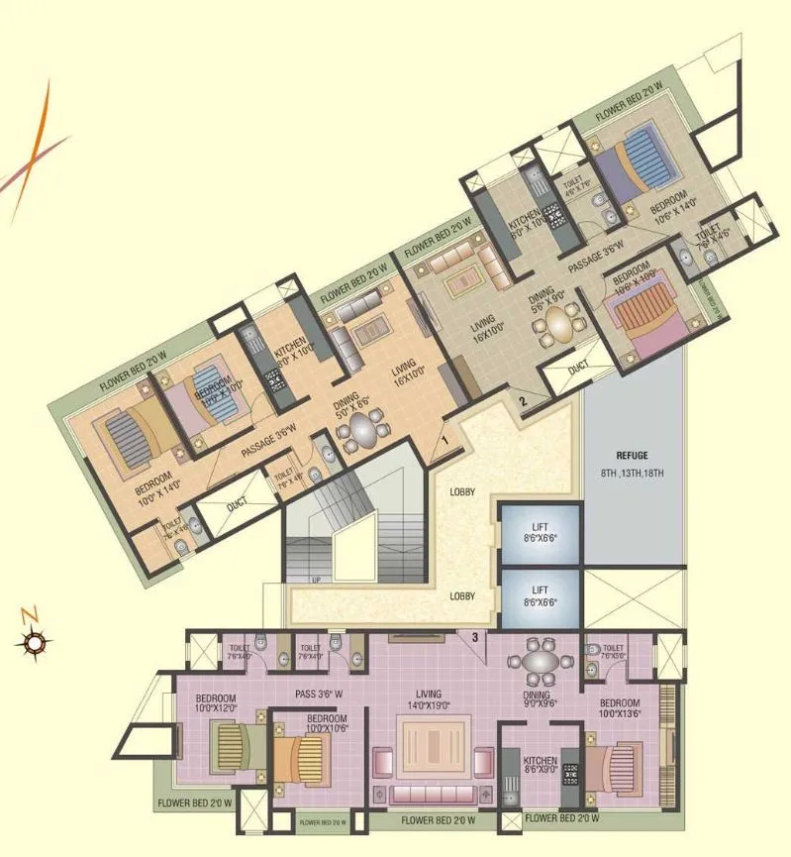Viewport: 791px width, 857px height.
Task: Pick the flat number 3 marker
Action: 475,637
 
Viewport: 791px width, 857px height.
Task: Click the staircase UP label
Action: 316,579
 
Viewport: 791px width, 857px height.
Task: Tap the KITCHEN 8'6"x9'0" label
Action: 541,767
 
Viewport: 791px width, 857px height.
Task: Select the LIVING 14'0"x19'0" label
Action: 428,699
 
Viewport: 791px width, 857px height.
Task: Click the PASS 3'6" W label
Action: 319,694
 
